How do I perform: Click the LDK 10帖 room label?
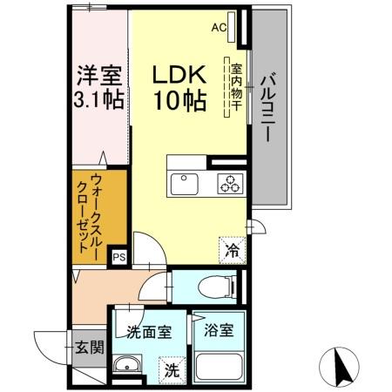tap(179, 86)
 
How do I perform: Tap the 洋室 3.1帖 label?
tap(97, 85)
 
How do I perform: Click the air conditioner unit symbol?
tap(233, 26)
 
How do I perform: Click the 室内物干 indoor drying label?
tap(233, 85)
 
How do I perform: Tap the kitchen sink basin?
tap(186, 184)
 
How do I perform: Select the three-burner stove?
tap(232, 184)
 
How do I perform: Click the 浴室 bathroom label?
tap(217, 331)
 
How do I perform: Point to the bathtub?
tap(217, 366)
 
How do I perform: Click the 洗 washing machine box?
tap(172, 369)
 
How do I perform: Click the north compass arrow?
tap(341, 364)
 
